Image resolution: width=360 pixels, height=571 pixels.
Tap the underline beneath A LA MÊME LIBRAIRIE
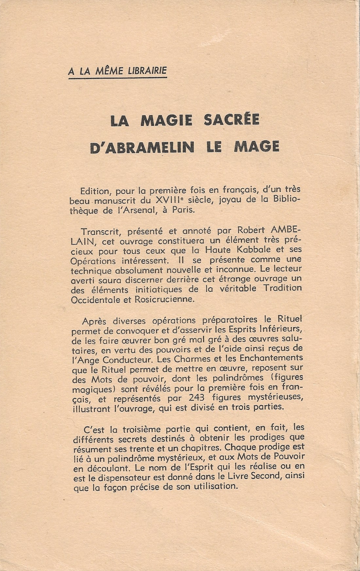[117, 78]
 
